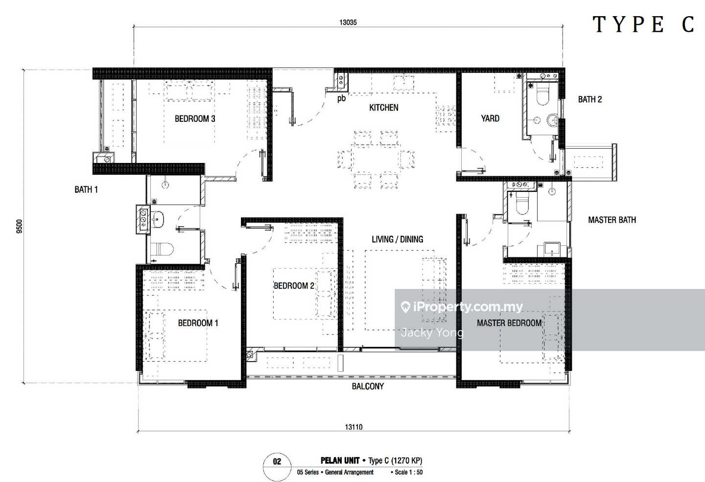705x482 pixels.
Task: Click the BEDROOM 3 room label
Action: tap(195, 118)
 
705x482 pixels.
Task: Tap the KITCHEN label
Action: tap(384, 108)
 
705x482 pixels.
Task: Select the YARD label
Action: tap(490, 118)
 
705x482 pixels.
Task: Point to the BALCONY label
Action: tap(368, 386)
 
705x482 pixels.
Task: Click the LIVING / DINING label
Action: tap(397, 239)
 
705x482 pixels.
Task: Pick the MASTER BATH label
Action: tap(612, 220)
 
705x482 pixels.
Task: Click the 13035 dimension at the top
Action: tap(348, 23)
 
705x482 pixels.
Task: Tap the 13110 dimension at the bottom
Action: tap(353, 427)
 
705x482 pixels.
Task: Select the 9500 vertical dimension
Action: tap(20, 226)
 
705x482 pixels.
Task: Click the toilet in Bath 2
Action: tap(542, 94)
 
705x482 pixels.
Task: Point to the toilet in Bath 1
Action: tap(162, 249)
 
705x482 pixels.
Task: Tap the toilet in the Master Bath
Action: tap(522, 204)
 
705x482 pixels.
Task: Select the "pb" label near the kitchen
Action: tap(342, 99)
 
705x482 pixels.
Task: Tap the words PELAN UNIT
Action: tap(340, 460)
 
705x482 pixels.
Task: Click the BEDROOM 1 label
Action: tap(198, 323)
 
